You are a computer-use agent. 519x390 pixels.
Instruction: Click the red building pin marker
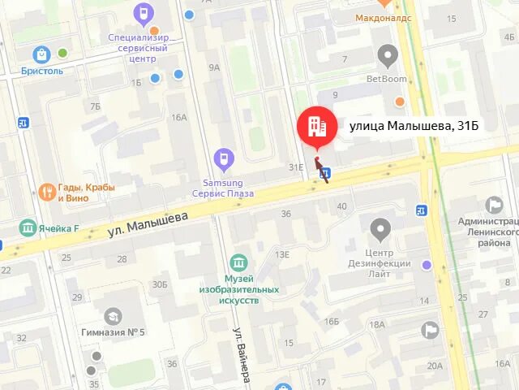316,127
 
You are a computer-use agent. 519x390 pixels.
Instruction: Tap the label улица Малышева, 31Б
414,126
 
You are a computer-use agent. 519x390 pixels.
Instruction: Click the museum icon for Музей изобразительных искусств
238,264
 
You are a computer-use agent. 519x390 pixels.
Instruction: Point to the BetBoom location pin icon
388,56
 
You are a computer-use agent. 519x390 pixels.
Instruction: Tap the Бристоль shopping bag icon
41,54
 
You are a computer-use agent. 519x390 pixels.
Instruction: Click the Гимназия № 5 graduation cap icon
113,315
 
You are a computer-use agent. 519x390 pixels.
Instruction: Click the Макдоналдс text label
384,17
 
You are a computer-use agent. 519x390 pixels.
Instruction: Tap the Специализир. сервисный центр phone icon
144,14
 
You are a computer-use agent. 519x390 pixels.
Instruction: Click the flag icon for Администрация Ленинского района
494,205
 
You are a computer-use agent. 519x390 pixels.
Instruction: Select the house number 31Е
296,167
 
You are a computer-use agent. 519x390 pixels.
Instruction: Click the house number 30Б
160,284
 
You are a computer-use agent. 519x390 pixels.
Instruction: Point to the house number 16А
178,117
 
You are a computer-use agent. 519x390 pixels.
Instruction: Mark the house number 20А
435,366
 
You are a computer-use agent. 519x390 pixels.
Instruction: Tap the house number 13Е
281,254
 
